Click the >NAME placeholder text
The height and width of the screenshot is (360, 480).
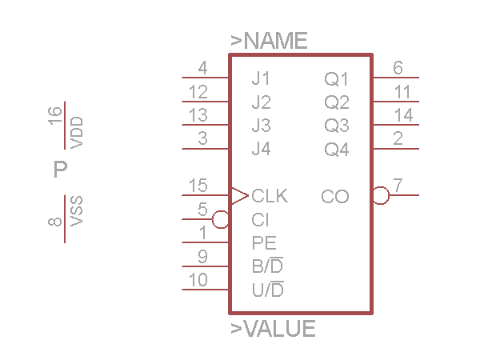click(x=269, y=42)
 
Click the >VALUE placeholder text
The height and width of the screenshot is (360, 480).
click(x=273, y=329)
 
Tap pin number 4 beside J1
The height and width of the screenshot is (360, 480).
click(x=202, y=69)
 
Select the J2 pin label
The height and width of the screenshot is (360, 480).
click(x=261, y=102)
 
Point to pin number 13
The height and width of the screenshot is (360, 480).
click(x=198, y=116)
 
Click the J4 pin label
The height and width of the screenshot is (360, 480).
click(x=261, y=149)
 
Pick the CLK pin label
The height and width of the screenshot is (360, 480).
click(x=270, y=196)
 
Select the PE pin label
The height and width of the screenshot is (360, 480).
click(x=264, y=242)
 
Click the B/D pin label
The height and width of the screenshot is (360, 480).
click(x=267, y=265)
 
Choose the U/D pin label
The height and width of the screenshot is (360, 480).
click(x=268, y=289)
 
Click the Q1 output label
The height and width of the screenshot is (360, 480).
click(x=337, y=79)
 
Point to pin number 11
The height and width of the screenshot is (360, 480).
click(x=402, y=92)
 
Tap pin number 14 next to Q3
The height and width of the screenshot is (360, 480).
click(x=403, y=116)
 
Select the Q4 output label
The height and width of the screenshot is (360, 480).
click(x=337, y=150)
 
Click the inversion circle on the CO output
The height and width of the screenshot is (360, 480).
click(x=381, y=195)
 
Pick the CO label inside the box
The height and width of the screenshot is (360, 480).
click(x=335, y=196)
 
